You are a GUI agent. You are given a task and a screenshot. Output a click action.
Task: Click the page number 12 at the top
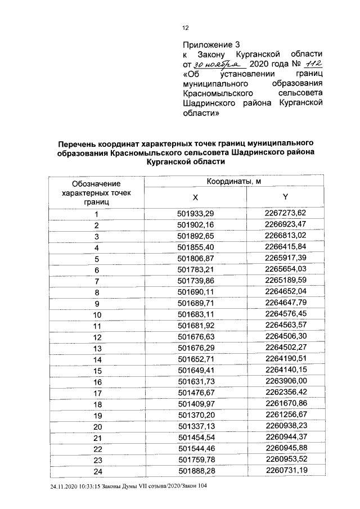185,28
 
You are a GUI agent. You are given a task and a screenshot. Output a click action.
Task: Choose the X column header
196,197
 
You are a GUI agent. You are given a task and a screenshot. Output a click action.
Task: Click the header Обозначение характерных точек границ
97,192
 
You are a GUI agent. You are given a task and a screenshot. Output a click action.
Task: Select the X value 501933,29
196,213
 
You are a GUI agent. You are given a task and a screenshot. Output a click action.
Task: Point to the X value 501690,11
196,292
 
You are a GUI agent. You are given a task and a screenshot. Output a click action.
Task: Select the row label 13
97,348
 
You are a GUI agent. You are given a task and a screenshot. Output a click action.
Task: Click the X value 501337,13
196,425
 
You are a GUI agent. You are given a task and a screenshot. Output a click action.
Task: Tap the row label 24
97,470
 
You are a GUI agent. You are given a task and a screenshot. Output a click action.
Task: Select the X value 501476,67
196,391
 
